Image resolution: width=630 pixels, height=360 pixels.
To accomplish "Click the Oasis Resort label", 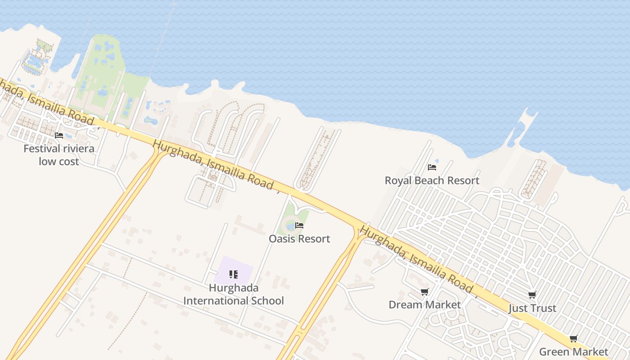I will click(x=299, y=238).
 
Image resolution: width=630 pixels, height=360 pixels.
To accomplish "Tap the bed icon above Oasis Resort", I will click(x=299, y=225).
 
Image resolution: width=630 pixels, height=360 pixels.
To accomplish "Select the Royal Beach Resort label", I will click(x=432, y=180).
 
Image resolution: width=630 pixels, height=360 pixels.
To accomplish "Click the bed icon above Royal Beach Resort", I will click(x=432, y=167).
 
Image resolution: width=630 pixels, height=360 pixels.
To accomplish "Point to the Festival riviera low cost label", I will click(x=58, y=155).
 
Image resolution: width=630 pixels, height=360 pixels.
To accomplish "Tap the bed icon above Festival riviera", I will click(x=59, y=135).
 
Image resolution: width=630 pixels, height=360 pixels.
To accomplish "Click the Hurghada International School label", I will click(x=234, y=294).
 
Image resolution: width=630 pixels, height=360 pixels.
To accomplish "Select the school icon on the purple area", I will click(x=233, y=274).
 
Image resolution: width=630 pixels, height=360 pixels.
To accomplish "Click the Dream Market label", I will click(x=424, y=305).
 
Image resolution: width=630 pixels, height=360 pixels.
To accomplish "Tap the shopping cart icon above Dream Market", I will click(x=424, y=292).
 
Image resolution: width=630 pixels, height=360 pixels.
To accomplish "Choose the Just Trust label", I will click(x=532, y=308).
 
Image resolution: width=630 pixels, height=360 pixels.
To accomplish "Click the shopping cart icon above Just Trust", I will click(x=532, y=295).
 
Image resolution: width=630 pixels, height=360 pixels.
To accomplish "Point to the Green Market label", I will click(x=573, y=351).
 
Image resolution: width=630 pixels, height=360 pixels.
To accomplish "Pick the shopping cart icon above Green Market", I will click(x=573, y=339).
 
